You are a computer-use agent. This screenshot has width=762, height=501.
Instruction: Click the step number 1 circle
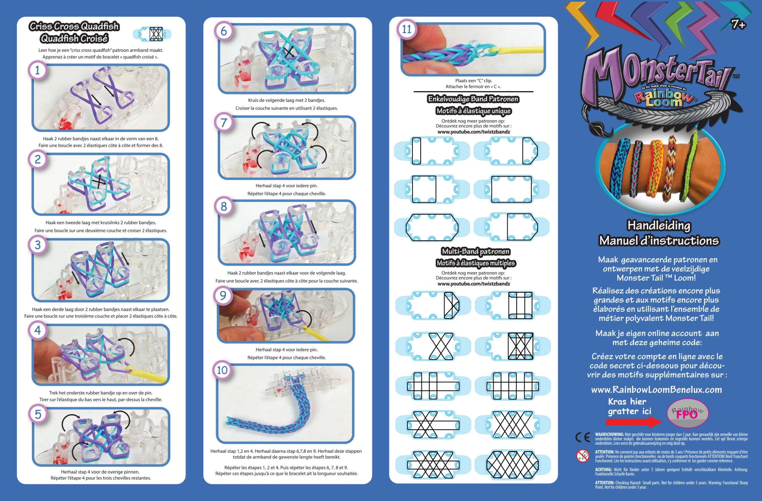[38, 70]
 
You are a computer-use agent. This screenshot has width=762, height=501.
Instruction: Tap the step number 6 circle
[224, 31]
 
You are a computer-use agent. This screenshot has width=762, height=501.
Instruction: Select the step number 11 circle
[407, 29]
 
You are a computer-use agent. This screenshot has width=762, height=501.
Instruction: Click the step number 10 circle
[222, 370]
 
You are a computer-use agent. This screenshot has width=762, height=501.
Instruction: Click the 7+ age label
[738, 24]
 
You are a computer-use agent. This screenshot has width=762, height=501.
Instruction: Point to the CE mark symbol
[583, 438]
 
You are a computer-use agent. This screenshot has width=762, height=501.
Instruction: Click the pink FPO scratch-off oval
[687, 413]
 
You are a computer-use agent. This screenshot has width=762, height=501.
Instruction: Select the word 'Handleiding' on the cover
[659, 225]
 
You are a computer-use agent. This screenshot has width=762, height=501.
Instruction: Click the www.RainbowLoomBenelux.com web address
[656, 390]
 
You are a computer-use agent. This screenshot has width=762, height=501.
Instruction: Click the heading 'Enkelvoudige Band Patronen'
[473, 99]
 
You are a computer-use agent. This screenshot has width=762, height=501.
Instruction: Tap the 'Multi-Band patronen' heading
[475, 251]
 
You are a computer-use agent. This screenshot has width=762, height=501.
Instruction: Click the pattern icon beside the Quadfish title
[152, 34]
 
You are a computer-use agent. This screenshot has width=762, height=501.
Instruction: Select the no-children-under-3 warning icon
[583, 455]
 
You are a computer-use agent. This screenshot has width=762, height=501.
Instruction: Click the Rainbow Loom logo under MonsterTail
[664, 98]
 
